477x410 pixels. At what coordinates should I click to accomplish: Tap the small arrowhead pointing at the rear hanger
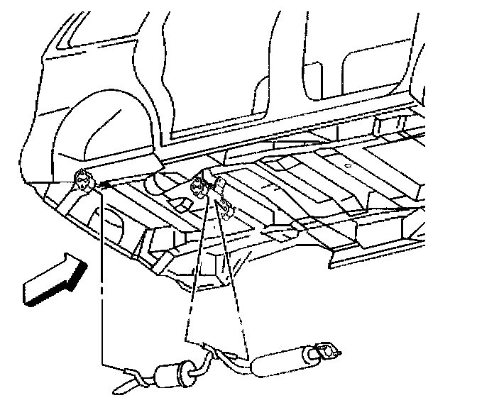click(104, 185)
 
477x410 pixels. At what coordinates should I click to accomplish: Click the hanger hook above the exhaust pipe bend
click(211, 348)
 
